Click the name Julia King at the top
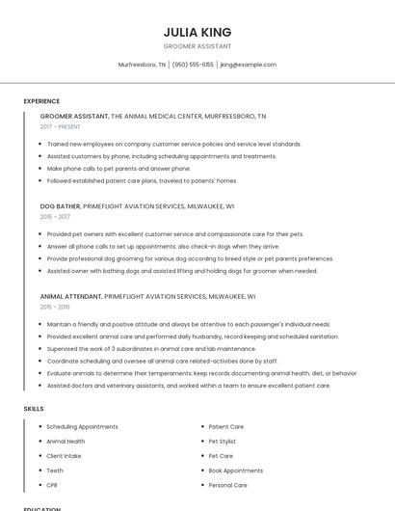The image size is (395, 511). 197,32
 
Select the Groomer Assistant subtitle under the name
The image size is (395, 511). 197,46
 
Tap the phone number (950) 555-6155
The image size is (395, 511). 193,65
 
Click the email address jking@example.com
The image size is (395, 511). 249,65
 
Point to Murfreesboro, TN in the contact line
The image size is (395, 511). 142,65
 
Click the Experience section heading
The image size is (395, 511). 41,101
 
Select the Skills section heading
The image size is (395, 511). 34,409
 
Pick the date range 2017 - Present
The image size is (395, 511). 62,126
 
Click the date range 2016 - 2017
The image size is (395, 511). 55,217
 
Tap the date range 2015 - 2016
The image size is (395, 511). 55,307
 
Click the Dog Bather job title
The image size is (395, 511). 60,206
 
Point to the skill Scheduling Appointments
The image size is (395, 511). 82,426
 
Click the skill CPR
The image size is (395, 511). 52,485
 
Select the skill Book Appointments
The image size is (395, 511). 235,471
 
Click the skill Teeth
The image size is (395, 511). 55,471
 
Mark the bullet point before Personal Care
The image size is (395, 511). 202,485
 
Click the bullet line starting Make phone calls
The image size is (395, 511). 105,169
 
